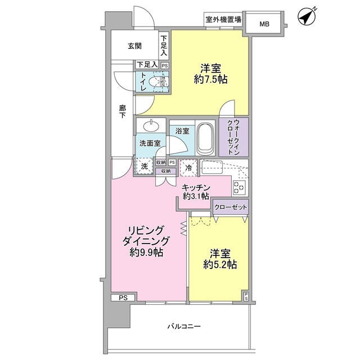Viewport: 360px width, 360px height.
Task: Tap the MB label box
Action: click(x=264, y=24)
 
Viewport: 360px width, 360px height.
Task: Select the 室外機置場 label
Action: click(x=223, y=20)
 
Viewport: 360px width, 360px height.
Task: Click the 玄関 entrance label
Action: click(x=134, y=46)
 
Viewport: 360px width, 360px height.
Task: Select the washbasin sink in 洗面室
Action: click(x=150, y=126)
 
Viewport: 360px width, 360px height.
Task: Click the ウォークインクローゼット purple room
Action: click(x=233, y=137)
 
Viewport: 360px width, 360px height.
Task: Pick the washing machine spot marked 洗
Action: click(x=145, y=166)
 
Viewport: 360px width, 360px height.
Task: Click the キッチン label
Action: click(x=196, y=187)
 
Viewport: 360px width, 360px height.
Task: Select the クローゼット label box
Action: click(x=231, y=208)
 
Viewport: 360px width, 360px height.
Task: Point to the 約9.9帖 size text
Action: click(x=146, y=253)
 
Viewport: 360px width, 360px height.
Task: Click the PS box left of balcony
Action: click(x=122, y=298)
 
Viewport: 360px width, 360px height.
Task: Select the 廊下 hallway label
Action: click(x=122, y=111)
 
